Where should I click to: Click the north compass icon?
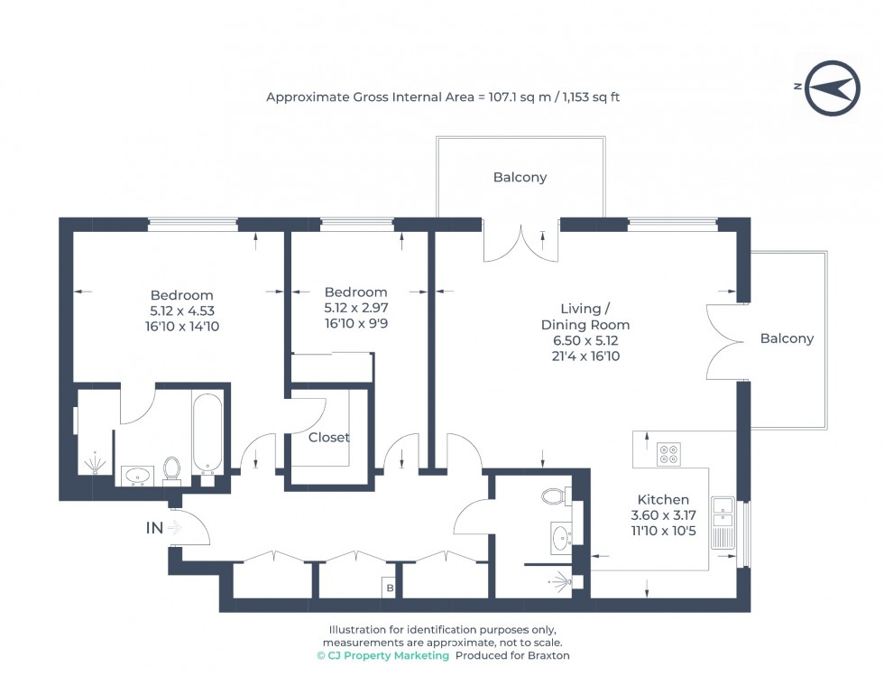click(x=831, y=88)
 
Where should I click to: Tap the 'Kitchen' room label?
click(x=663, y=499)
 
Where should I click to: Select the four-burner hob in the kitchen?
click(x=668, y=453)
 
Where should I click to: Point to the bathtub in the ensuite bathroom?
click(x=207, y=432)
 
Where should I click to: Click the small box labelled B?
click(x=390, y=588)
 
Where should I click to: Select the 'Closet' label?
click(x=328, y=438)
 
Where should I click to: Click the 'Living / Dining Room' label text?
click(x=585, y=316)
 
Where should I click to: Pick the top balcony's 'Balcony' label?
click(x=520, y=178)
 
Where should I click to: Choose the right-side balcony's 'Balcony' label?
click(x=787, y=338)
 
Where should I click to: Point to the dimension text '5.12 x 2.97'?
click(x=355, y=308)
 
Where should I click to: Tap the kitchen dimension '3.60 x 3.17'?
click(x=663, y=515)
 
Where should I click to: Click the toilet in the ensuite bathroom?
click(x=171, y=468)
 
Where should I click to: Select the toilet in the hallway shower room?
click(x=554, y=495)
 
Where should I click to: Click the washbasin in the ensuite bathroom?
click(x=136, y=474)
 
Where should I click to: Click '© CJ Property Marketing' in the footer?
click(x=382, y=655)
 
